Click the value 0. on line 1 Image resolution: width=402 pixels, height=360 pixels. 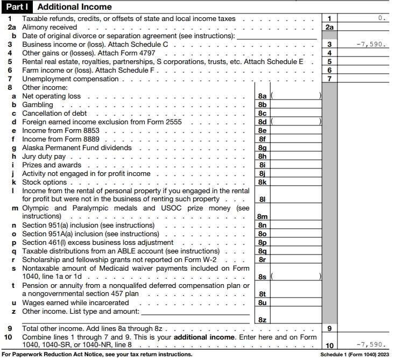coord(382,18)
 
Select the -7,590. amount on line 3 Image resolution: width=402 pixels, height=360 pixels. coord(371,45)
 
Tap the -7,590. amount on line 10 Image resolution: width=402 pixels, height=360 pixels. coord(371,345)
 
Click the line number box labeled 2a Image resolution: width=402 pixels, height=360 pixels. coord(329,27)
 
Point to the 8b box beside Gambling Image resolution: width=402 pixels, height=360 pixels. coord(262,105)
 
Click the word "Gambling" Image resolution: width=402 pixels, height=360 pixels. coord(38,105)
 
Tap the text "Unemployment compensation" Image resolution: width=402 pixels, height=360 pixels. coord(70,79)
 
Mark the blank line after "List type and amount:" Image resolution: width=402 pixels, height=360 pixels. coord(195,311)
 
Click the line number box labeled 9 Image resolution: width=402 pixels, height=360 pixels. coord(329,328)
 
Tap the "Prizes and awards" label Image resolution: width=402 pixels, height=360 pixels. coord(52,165)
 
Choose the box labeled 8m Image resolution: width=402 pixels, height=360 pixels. coord(262,216)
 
